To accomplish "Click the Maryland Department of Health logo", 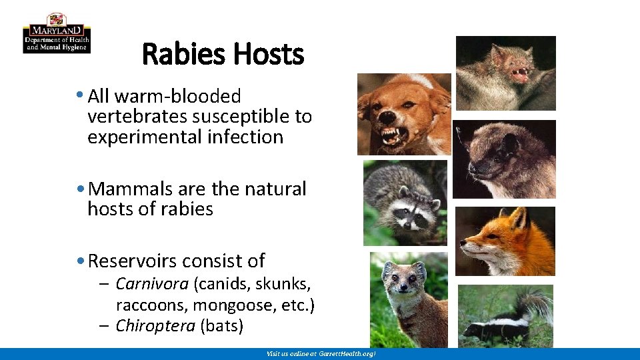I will tap(57, 33).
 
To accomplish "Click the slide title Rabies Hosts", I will tap(223, 55).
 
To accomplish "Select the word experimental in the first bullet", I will tap(134, 137).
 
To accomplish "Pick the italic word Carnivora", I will tap(152, 285).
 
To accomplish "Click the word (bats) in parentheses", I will tap(221, 326).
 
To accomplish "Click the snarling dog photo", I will tap(404, 114).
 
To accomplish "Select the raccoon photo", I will tap(405, 203).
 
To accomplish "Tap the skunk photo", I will tap(505, 316).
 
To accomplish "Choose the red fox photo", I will tap(505, 241).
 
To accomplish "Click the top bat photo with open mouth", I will tap(505, 73).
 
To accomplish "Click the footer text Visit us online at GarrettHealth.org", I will tap(321, 353).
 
